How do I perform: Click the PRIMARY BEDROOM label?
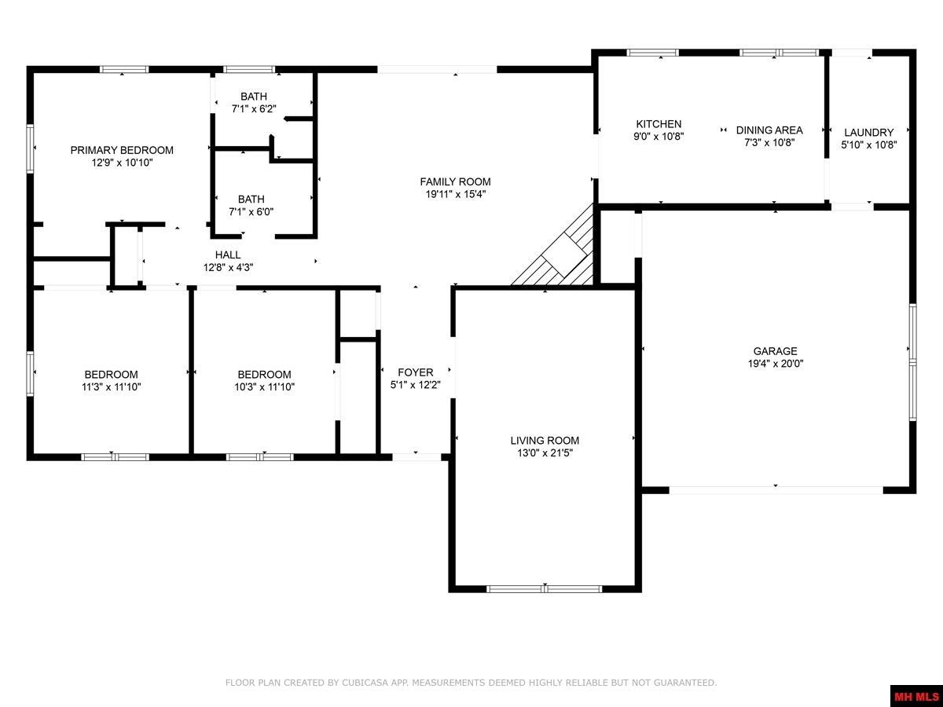pyautogui.click(x=122, y=150)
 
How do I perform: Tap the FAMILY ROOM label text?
pyautogui.click(x=455, y=181)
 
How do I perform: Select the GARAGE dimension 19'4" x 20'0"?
pyautogui.click(x=775, y=364)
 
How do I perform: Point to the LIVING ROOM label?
pyautogui.click(x=545, y=441)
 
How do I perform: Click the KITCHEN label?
pyautogui.click(x=659, y=124)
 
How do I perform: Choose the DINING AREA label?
pyautogui.click(x=769, y=130)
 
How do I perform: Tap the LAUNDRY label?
pyautogui.click(x=868, y=132)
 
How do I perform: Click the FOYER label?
pyautogui.click(x=416, y=372)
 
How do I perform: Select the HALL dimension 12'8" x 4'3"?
pyautogui.click(x=228, y=267)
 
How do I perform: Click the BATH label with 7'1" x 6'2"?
pyautogui.click(x=253, y=97)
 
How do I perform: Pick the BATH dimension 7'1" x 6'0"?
pyautogui.click(x=251, y=211)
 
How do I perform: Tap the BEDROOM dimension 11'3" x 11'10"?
pyautogui.click(x=112, y=386)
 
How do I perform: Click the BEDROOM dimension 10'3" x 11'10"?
pyautogui.click(x=265, y=386)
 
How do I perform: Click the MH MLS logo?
pyautogui.click(x=916, y=696)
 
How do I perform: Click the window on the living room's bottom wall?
pyautogui.click(x=545, y=588)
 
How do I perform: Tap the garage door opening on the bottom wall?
pyautogui.click(x=776, y=489)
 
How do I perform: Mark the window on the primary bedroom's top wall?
pyautogui.click(x=124, y=70)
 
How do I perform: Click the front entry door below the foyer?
pyautogui.click(x=416, y=456)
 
